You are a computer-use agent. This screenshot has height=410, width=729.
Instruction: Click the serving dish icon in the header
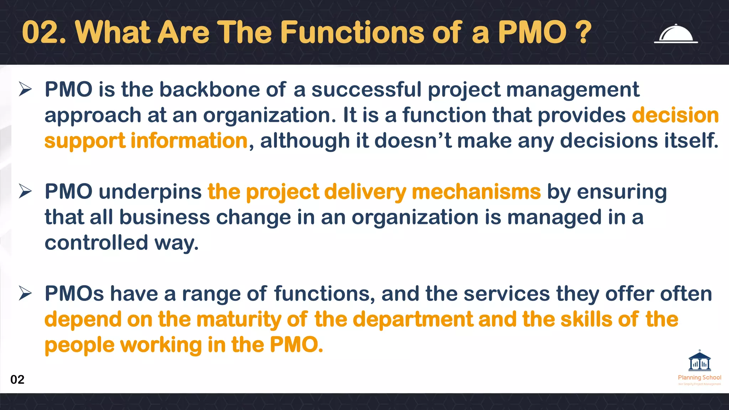coord(676,34)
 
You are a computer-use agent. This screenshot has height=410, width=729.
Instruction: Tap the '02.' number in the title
coord(44,32)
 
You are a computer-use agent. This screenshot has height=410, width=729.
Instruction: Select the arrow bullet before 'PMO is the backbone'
coord(26,89)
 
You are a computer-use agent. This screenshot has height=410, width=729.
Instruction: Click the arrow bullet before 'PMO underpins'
coord(26,191)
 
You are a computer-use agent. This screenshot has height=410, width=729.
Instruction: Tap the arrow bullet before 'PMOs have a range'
coord(26,294)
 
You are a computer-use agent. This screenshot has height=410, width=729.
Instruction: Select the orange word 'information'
coord(189,141)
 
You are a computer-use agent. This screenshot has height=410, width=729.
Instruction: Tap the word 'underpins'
coord(150,192)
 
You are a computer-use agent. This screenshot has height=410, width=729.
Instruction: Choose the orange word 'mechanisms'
coord(476,191)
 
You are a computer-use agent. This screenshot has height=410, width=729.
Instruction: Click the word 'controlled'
coord(96,243)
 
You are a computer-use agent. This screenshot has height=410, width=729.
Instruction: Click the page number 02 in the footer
coord(17,379)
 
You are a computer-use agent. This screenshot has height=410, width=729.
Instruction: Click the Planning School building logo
coord(699,362)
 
